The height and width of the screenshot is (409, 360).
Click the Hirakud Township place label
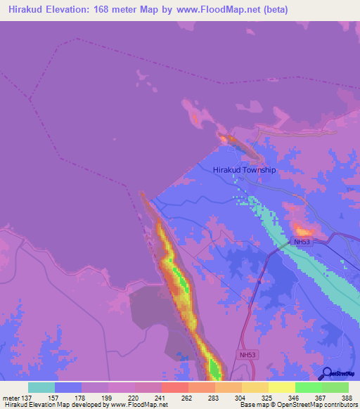point(244,170)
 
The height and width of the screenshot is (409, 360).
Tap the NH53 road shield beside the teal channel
point(302,242)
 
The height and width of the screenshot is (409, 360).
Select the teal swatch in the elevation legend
point(41,387)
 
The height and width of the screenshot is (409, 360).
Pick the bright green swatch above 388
point(335,387)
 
